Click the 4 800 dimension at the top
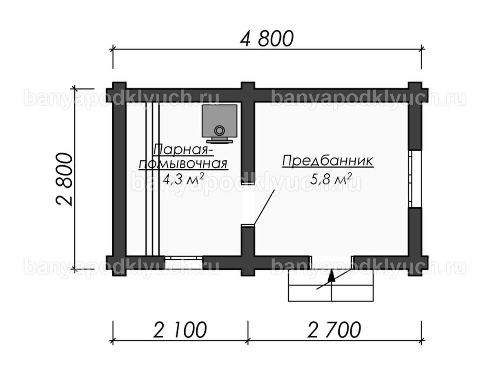(267, 38)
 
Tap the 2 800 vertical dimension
(64, 180)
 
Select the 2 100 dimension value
(180, 330)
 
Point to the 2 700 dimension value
(334, 330)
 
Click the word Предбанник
(328, 162)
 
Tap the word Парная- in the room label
(183, 150)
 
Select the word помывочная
(183, 164)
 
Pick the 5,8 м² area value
(331, 179)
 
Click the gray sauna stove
(219, 123)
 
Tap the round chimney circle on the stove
(219, 130)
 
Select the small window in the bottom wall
(183, 258)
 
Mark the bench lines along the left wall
(152, 179)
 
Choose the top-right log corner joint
(415, 92)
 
